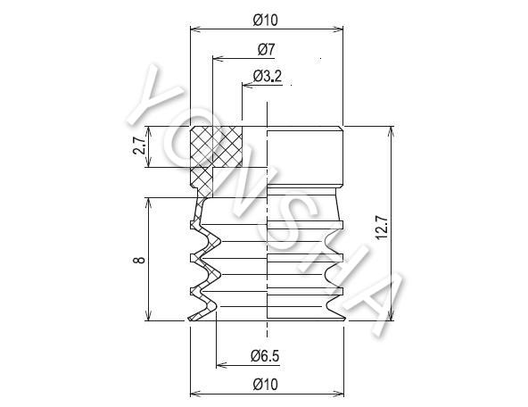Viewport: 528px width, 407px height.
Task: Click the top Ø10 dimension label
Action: tap(266, 21)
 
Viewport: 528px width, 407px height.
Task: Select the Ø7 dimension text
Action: tap(267, 49)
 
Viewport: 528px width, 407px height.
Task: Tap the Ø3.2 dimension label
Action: tap(268, 76)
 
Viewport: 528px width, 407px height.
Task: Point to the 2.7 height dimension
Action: tap(139, 145)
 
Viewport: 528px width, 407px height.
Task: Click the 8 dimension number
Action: tap(139, 260)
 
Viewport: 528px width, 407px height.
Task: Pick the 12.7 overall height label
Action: tap(382, 228)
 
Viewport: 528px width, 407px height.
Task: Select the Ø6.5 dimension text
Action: tap(265, 356)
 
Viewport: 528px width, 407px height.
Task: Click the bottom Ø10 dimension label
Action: tap(266, 385)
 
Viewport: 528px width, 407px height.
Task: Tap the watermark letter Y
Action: tap(155, 96)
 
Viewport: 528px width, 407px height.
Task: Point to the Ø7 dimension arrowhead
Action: tap(219, 59)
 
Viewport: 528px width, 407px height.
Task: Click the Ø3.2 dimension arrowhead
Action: tap(248, 86)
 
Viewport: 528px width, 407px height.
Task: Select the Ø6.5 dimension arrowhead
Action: tap(222, 365)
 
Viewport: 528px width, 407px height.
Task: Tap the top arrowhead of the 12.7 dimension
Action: tap(391, 132)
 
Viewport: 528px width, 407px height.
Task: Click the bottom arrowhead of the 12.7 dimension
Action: tap(391, 314)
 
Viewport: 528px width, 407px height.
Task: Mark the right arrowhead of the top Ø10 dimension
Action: tap(337, 29)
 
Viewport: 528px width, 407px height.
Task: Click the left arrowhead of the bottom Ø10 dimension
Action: tap(196, 394)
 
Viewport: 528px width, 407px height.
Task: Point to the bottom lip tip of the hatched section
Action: tap(188, 320)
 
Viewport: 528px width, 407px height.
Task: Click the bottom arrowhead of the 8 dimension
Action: tap(148, 314)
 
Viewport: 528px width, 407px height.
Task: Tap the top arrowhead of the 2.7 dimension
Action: tap(148, 132)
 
